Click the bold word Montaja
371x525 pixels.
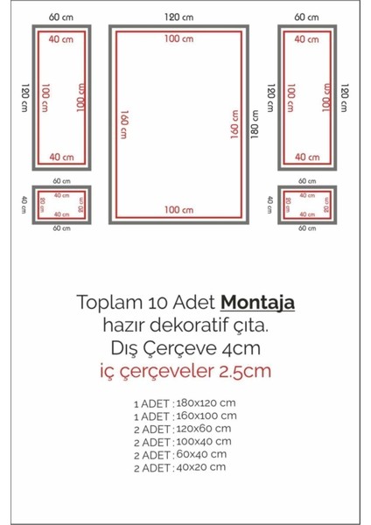tap(257, 303)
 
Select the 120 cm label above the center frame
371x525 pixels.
tap(178, 17)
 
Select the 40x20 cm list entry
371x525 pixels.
tap(202, 466)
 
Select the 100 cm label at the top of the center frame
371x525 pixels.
tap(178, 38)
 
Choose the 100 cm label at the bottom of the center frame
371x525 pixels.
tap(178, 209)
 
